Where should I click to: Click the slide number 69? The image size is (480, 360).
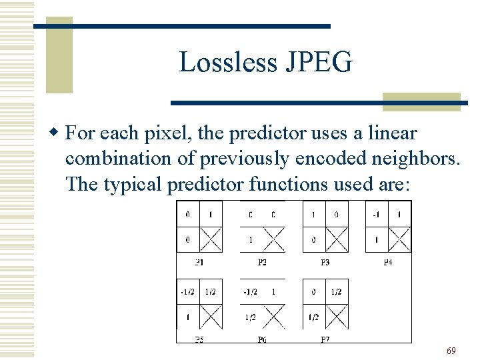[x=451, y=351]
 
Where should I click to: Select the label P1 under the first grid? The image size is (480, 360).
[x=199, y=262]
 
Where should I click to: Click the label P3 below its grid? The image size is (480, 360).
[x=325, y=262]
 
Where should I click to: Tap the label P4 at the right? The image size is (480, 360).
[x=388, y=262]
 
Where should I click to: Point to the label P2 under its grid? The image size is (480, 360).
[x=262, y=262]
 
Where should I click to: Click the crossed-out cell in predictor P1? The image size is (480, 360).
[x=211, y=239]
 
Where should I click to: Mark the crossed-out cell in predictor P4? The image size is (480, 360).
[x=399, y=239]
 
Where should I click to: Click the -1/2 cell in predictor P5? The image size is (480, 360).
[x=187, y=292]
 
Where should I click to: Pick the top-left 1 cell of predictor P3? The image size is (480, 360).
[x=314, y=215]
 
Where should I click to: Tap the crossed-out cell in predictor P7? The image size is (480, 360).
[x=337, y=317]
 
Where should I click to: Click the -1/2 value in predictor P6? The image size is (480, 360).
[x=250, y=292]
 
